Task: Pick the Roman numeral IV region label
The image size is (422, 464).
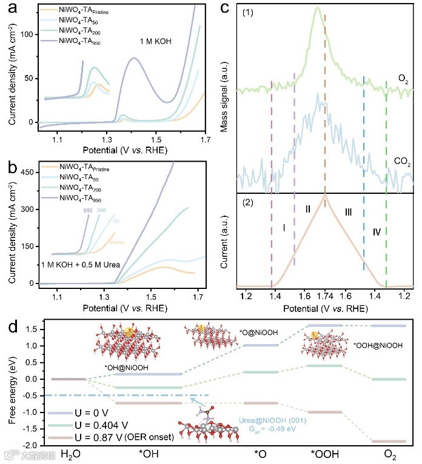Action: coord(377,231)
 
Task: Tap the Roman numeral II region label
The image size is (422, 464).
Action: coord(309,209)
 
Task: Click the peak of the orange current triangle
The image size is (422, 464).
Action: coord(325,195)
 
